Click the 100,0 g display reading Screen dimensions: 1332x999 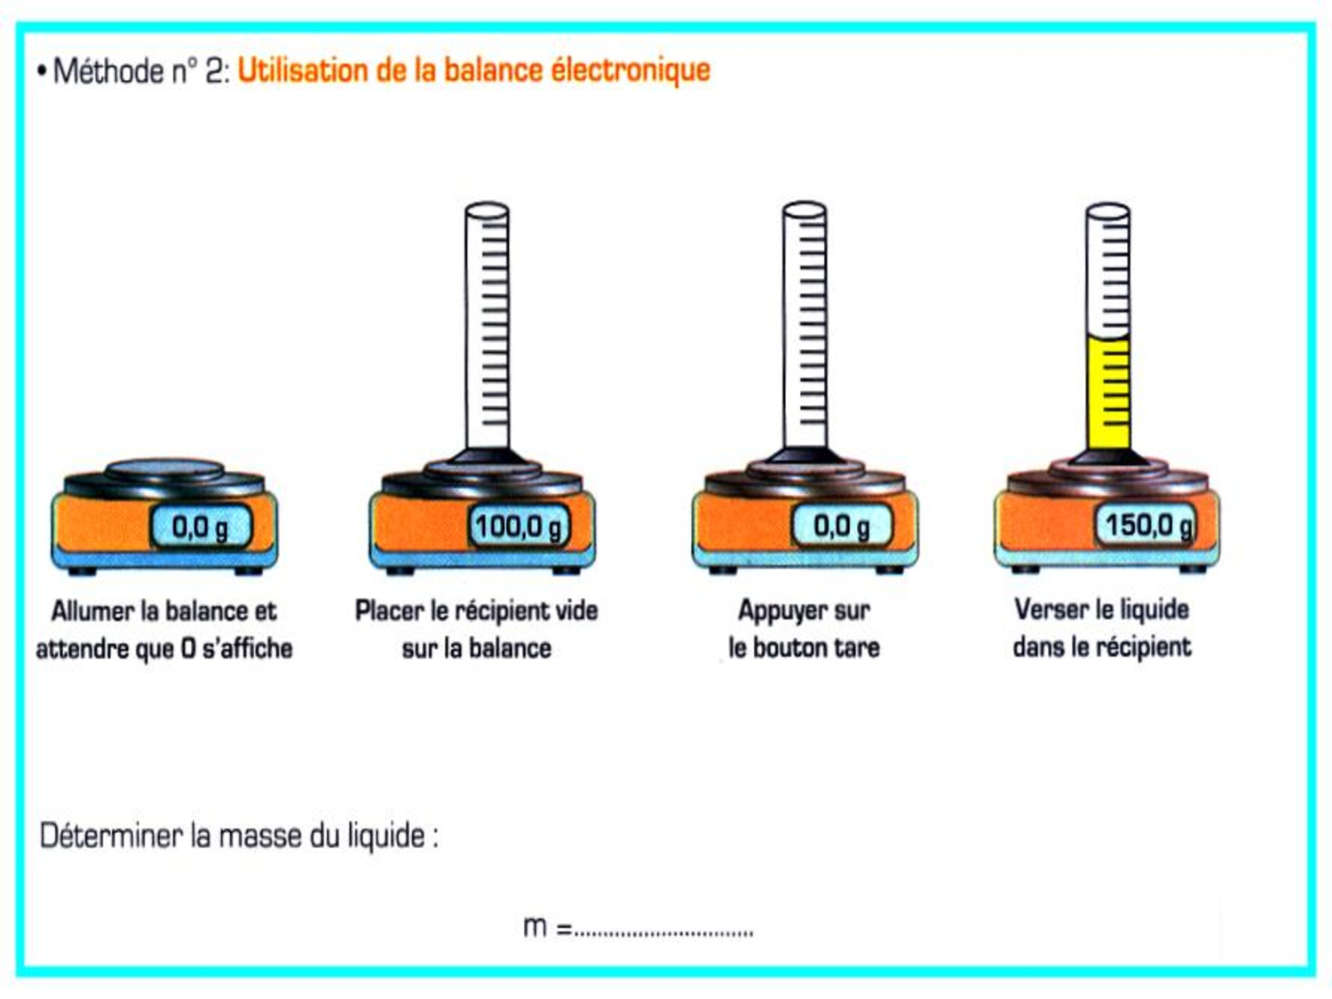519,527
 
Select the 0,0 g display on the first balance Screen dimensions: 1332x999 201,527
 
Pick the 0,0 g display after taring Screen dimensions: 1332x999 842,526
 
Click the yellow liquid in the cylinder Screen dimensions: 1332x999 1108,393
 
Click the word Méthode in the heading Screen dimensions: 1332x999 109,72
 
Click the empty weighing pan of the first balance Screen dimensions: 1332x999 164,471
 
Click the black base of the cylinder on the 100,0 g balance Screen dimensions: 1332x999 487,456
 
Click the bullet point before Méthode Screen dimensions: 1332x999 42,72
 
